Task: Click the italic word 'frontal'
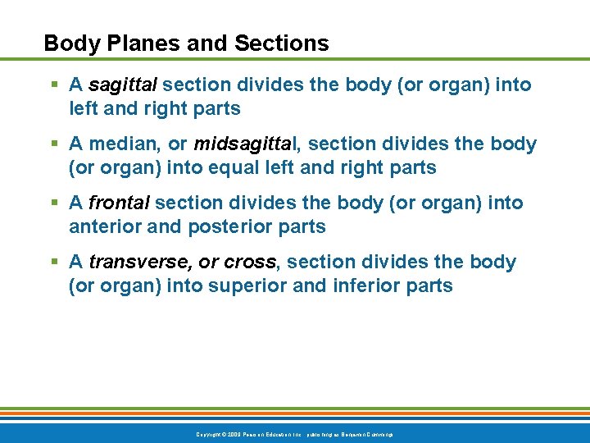[x=119, y=203]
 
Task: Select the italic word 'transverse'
[x=140, y=263]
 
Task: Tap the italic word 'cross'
[x=250, y=263]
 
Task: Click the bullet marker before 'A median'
[x=53, y=144]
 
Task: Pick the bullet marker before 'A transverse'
[x=53, y=263]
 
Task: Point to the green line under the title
[x=295, y=59]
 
